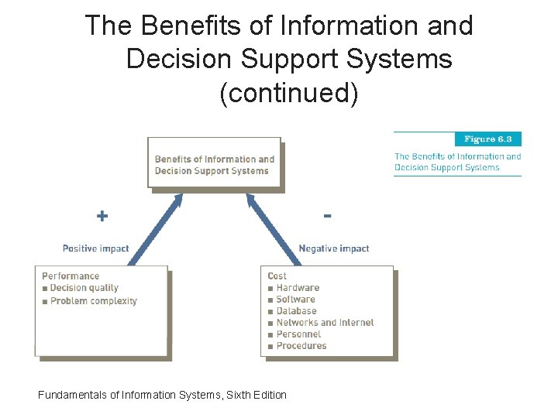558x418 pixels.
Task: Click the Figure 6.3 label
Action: click(x=488, y=139)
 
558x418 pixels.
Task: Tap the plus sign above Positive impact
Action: click(x=102, y=216)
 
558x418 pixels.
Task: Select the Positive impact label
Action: click(x=96, y=248)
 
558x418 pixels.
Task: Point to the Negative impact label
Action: click(x=334, y=248)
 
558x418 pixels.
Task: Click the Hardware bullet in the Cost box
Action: click(x=298, y=288)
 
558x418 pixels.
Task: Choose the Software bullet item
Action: click(x=295, y=300)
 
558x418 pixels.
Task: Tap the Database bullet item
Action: click(x=296, y=311)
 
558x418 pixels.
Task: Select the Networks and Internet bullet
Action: click(x=325, y=323)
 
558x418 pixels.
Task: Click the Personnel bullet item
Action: click(x=298, y=334)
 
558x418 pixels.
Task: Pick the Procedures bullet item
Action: click(x=301, y=346)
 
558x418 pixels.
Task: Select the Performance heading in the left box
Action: click(x=71, y=276)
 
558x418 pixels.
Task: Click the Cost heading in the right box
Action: click(x=277, y=276)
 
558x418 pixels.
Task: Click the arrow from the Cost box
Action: click(x=271, y=230)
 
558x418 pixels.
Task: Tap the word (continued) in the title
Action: click(x=288, y=93)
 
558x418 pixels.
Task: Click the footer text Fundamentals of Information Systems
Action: click(x=162, y=395)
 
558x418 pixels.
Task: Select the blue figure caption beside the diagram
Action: click(x=457, y=162)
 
